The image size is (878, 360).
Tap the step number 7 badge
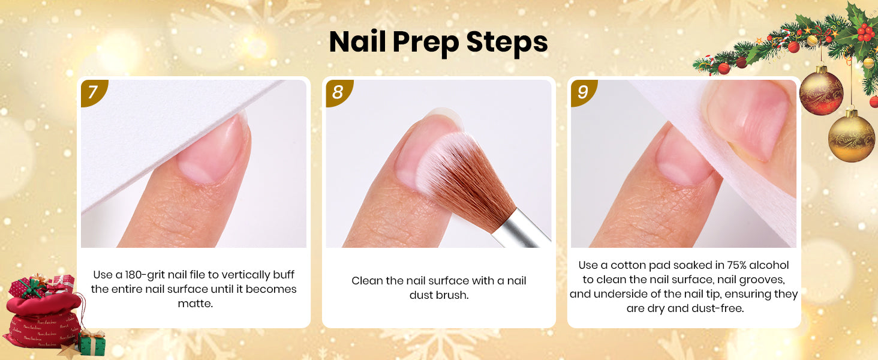pyautogui.click(x=94, y=92)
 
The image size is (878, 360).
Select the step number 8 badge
pyautogui.click(x=338, y=92)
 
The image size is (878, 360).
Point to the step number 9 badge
pyautogui.click(x=584, y=92)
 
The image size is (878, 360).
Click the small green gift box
pyautogui.click(x=92, y=343)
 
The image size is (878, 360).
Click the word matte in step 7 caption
pyautogui.click(x=194, y=304)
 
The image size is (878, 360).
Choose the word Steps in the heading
pyautogui.click(x=507, y=41)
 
